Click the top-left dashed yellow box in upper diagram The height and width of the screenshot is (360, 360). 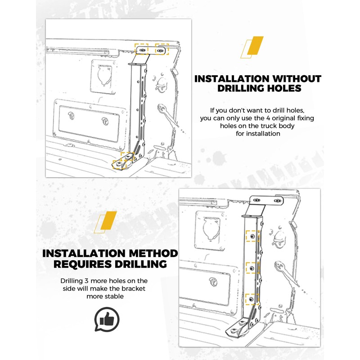[143, 49]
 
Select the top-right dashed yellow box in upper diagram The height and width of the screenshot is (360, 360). [162, 49]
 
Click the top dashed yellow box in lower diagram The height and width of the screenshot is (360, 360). [253, 236]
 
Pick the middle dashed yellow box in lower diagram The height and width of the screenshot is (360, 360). [252, 268]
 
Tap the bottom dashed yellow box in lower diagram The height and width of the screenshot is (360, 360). [252, 297]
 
